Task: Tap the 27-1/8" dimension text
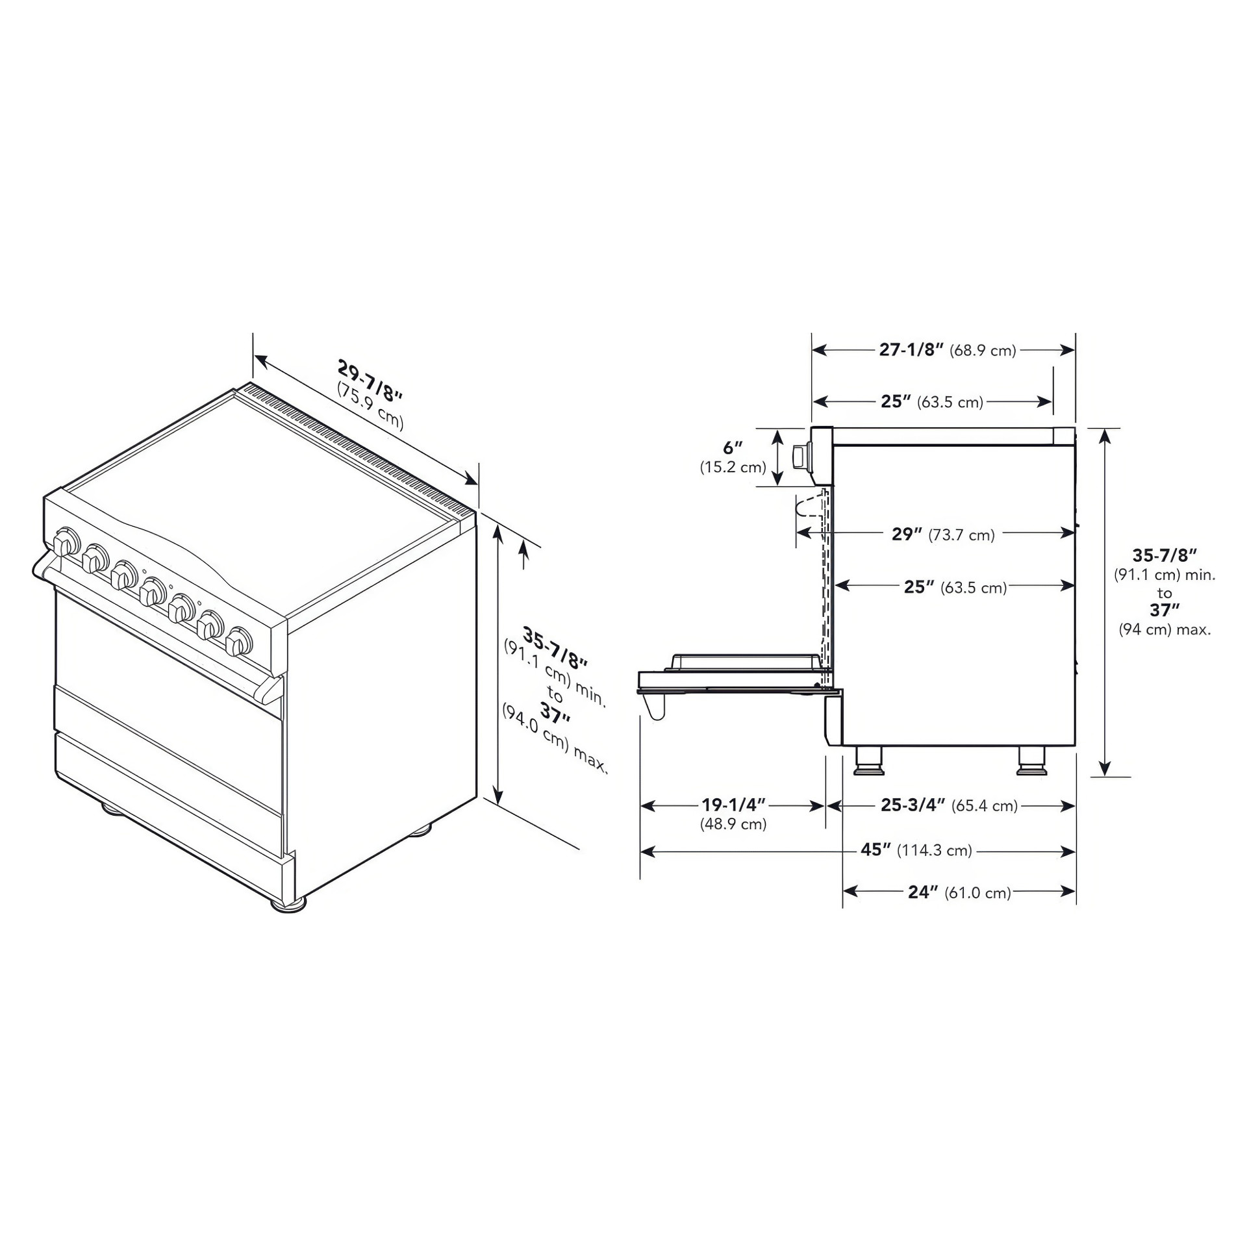point(911,349)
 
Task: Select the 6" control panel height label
point(733,447)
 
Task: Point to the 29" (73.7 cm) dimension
point(943,534)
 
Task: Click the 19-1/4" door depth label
point(733,805)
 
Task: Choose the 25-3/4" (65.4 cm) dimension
point(949,805)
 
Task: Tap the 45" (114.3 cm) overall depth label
point(916,850)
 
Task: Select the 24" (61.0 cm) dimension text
point(959,892)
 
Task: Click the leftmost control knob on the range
point(66,542)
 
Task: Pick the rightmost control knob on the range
point(239,640)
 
